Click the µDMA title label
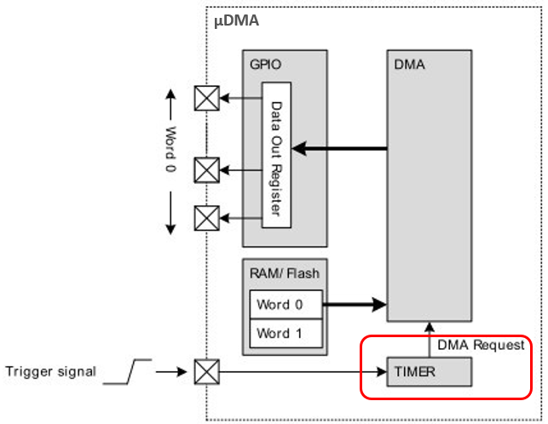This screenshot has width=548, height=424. point(237,20)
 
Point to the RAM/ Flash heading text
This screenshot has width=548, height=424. point(283,273)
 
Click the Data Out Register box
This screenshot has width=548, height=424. point(276,155)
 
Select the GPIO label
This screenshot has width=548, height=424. point(265,63)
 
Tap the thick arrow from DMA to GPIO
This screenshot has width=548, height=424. point(340,150)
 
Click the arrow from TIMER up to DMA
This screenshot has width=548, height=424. point(429,339)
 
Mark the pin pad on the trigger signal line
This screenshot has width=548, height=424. point(206,372)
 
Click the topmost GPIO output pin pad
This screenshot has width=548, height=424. point(206,99)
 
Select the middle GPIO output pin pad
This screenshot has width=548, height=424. point(206,171)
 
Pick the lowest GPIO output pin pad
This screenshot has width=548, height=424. point(206,218)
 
